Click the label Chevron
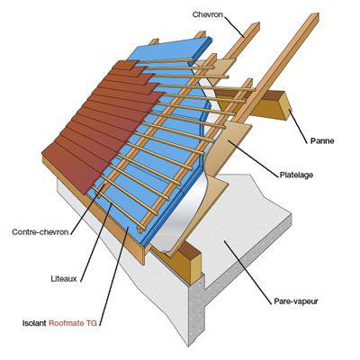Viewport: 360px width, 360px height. point(208,14)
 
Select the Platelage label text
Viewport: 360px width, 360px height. point(296,175)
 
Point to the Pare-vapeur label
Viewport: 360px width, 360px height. point(296,301)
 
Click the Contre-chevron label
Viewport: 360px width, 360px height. point(40,232)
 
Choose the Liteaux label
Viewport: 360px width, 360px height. point(64,279)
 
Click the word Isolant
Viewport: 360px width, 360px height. point(34,323)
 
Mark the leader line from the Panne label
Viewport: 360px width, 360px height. point(299,125)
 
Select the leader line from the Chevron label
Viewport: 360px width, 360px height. point(234,26)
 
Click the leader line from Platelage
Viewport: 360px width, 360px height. point(253,157)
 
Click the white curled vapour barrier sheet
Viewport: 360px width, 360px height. point(180,216)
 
